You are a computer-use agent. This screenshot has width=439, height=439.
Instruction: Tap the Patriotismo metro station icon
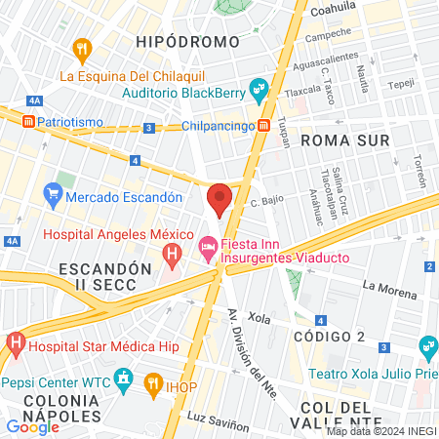(29, 122)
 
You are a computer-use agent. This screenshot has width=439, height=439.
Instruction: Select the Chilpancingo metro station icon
(264, 126)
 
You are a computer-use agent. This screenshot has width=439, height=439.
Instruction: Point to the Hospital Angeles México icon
(173, 258)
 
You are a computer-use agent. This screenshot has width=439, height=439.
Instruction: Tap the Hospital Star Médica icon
(16, 343)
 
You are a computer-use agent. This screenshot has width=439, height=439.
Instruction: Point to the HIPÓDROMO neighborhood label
(188, 42)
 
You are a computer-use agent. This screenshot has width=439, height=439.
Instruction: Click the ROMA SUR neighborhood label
(345, 140)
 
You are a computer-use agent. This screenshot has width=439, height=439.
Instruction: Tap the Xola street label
(259, 318)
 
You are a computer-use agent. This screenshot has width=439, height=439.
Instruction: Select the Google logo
(32, 426)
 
